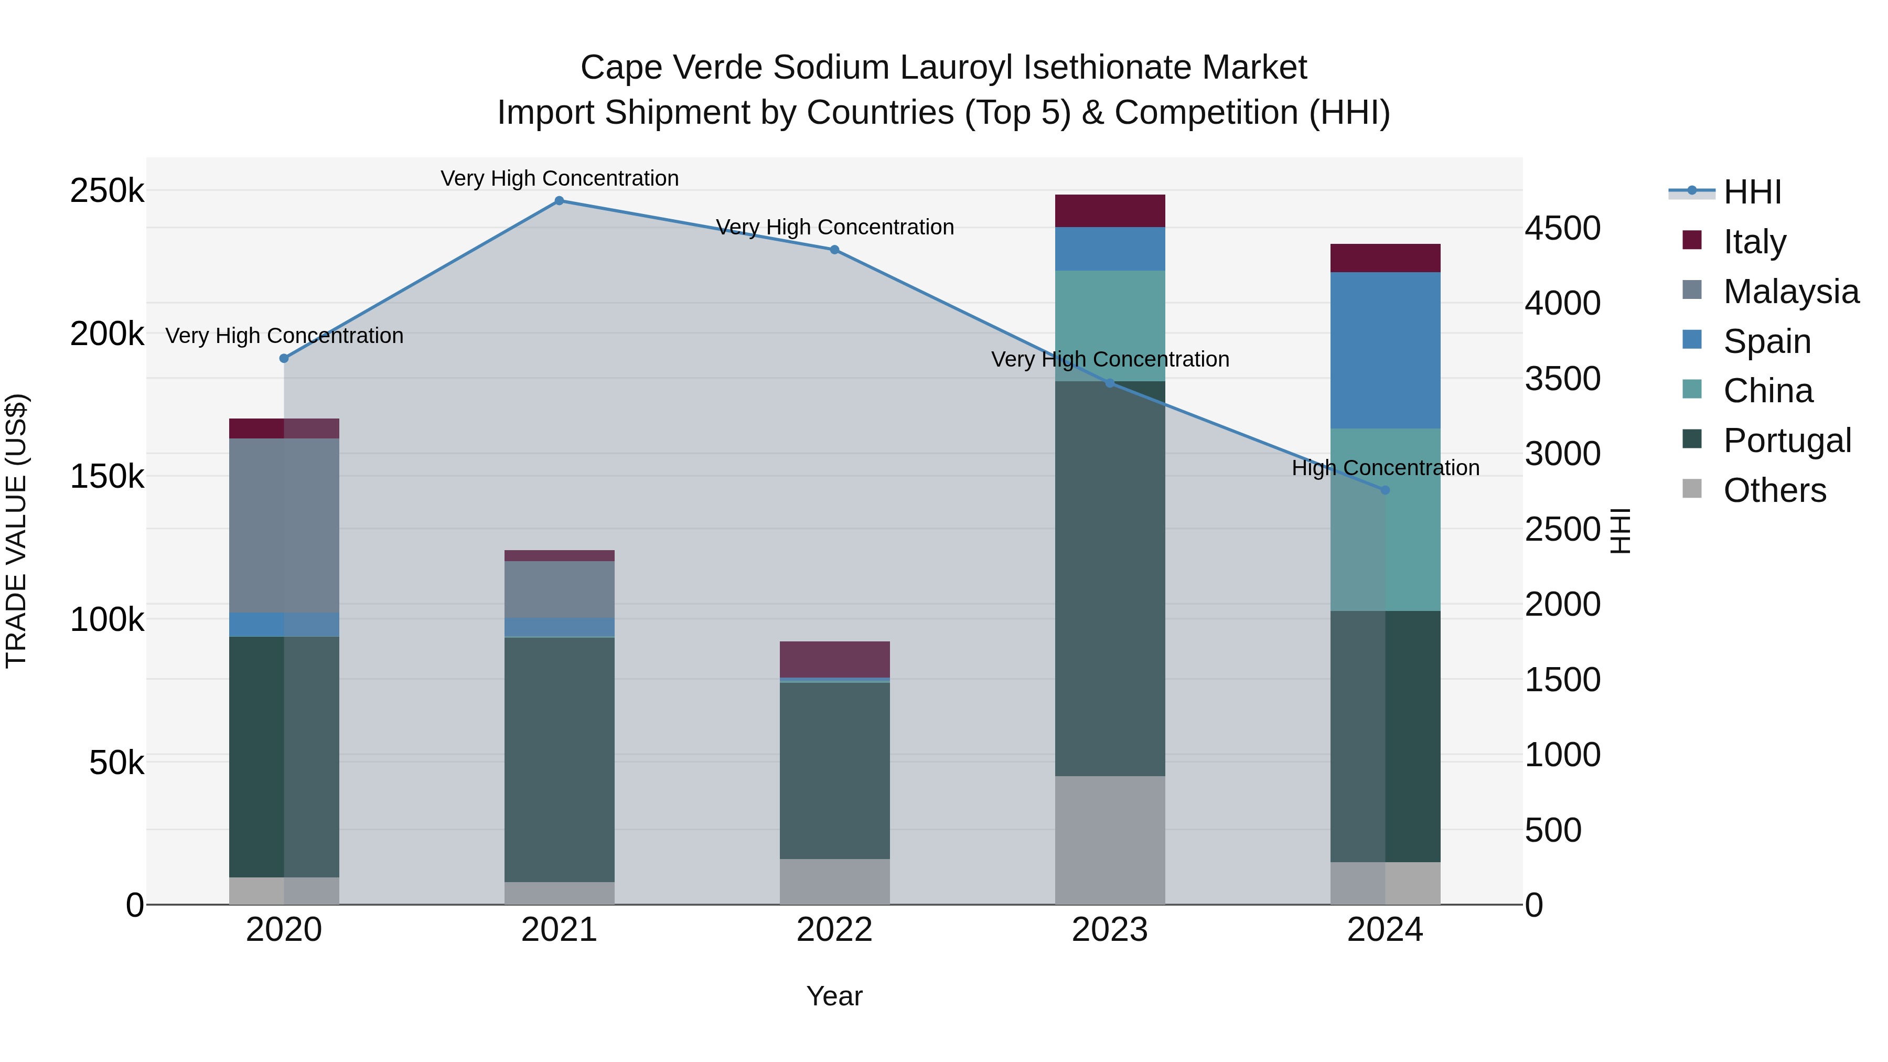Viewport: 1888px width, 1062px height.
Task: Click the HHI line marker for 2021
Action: point(559,201)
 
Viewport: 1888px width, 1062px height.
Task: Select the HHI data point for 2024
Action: point(1385,490)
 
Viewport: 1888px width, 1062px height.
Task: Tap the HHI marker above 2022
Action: point(834,250)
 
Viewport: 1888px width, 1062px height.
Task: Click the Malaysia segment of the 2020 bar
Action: point(284,525)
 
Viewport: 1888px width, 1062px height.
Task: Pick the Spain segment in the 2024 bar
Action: point(1385,350)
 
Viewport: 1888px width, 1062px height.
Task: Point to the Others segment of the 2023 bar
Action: point(1110,840)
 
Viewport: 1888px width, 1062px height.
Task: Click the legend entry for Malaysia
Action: point(1790,292)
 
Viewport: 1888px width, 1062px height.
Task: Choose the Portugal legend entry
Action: point(1787,441)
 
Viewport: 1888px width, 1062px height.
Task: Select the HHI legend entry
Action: point(1752,192)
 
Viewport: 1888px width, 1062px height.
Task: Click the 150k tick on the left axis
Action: point(107,477)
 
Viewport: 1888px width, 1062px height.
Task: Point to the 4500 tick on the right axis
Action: point(1563,228)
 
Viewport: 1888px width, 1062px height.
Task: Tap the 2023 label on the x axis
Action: point(1110,930)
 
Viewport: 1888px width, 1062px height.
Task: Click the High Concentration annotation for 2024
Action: point(1385,468)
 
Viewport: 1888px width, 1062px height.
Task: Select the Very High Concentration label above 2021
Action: point(559,178)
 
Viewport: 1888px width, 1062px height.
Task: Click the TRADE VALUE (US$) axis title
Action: point(16,531)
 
